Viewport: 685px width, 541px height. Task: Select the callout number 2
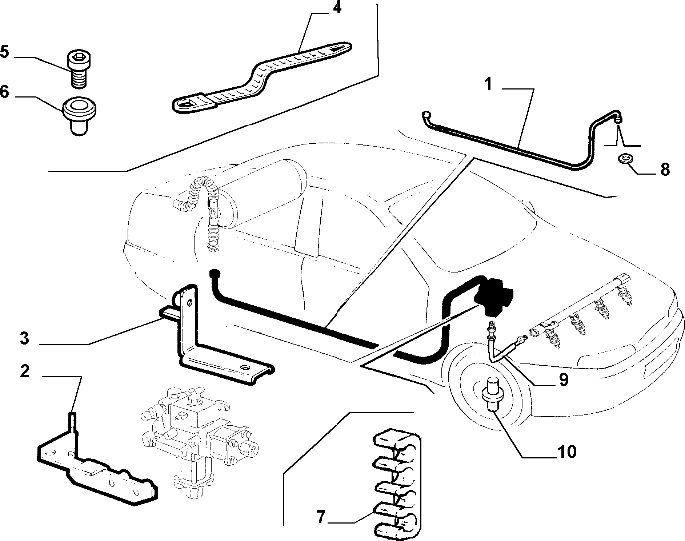tap(25, 372)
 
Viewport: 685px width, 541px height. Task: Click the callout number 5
tap(4, 51)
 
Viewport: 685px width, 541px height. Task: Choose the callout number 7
tap(320, 517)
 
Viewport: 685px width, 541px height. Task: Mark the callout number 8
tap(665, 170)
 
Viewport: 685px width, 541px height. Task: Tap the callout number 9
tap(563, 380)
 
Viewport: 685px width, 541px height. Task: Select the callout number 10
tap(566, 452)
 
